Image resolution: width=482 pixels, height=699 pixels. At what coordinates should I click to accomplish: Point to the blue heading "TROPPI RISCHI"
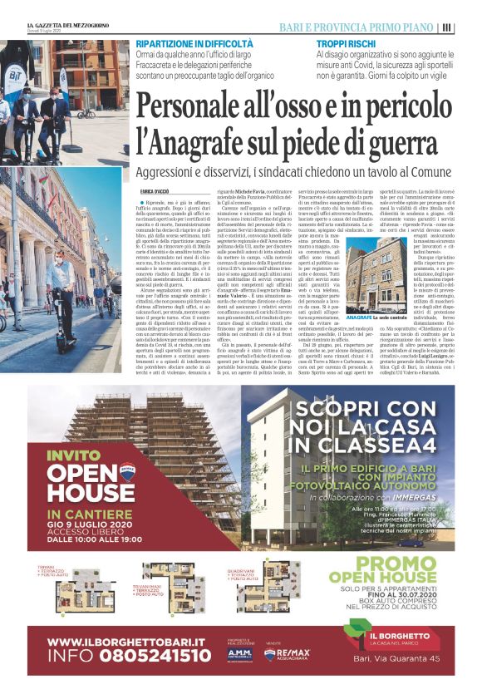coord(344,42)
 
